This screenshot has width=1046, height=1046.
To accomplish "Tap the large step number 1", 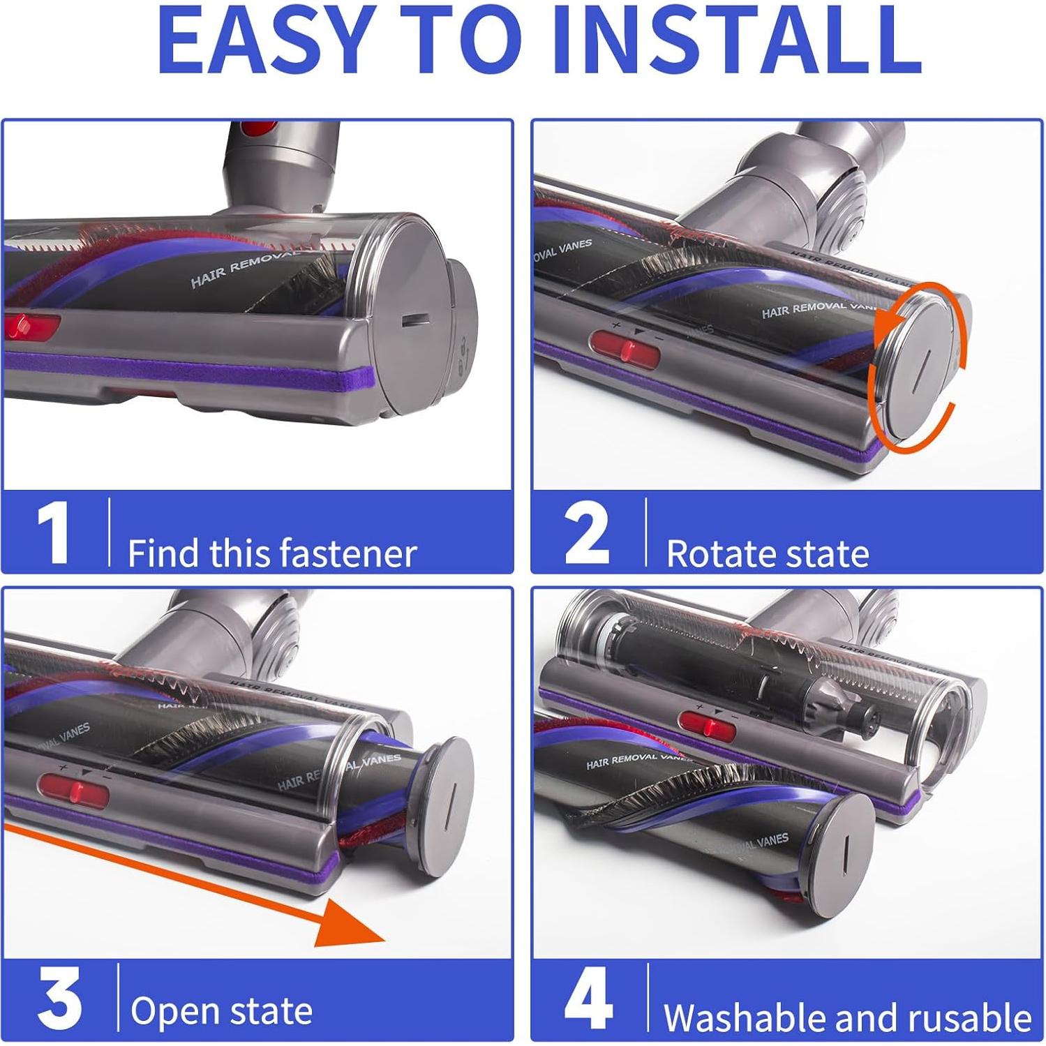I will click(53, 533).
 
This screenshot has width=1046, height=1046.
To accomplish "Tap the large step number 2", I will click(587, 533).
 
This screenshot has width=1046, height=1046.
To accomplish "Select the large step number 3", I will click(59, 999).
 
